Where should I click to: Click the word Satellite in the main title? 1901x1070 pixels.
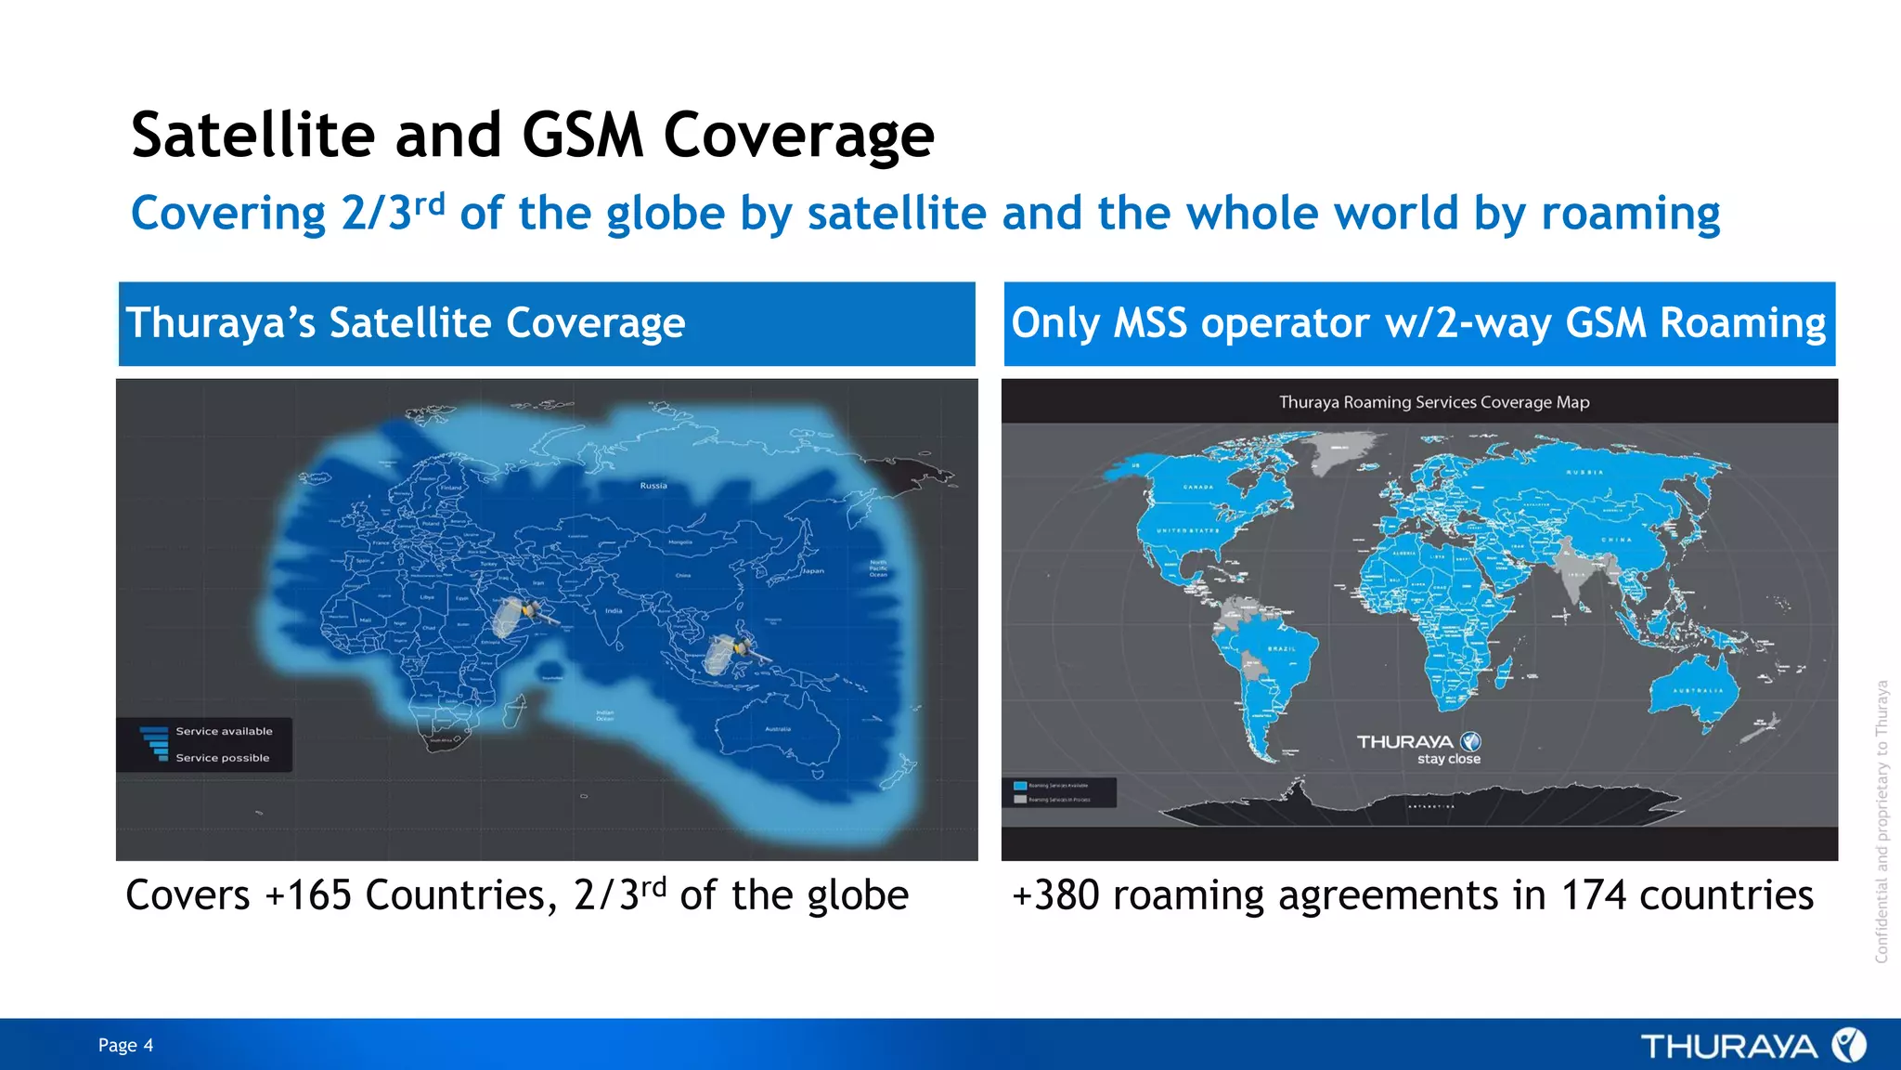252,136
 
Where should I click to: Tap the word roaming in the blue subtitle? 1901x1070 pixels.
1630,214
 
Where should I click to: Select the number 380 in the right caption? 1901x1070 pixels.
1067,895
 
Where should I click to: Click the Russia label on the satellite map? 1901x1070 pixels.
653,486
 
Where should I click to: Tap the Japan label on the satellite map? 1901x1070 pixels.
813,571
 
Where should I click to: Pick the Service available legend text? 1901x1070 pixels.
224,731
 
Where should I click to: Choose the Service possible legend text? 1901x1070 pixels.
223,758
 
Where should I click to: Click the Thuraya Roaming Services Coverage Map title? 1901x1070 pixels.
1433,402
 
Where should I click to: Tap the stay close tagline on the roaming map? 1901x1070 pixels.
1448,759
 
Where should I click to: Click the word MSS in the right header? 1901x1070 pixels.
1149,323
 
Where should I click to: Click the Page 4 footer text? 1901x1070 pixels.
125,1045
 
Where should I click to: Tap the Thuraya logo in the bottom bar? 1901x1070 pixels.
1752,1046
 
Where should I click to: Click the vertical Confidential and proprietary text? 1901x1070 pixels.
1882,821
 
